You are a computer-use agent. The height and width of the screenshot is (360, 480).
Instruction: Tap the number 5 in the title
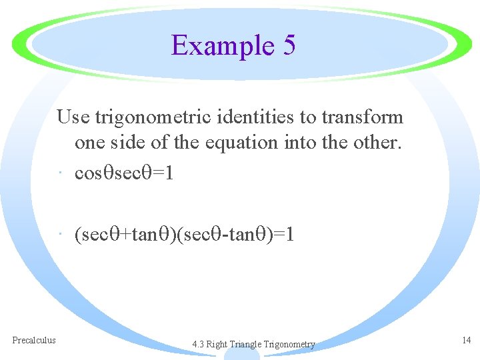tap(289, 45)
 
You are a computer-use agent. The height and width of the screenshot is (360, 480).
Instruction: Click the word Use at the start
tap(73, 117)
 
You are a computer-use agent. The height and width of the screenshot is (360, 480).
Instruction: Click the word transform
tap(363, 117)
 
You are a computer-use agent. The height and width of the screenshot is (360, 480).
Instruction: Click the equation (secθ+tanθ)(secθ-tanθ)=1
tap(185, 235)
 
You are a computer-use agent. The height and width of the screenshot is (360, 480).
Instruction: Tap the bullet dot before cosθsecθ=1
tap(61, 174)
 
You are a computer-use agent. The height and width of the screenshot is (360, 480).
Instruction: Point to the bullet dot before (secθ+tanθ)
tap(61, 235)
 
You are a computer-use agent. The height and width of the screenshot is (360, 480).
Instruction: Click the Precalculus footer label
tap(34, 340)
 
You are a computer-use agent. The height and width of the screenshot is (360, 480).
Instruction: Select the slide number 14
tap(467, 340)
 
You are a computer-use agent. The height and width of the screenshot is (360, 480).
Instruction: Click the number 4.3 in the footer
tap(198, 345)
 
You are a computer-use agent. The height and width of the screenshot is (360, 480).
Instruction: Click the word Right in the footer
tap(217, 345)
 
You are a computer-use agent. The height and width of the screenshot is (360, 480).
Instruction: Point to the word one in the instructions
tap(89, 143)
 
